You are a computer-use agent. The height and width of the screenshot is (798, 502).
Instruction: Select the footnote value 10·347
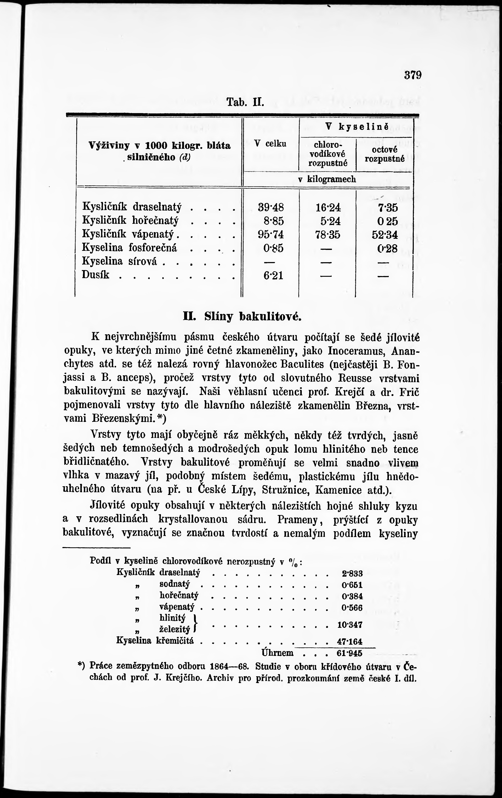click(x=350, y=625)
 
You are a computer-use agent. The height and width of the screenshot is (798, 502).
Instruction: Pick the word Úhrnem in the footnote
click(x=277, y=653)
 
